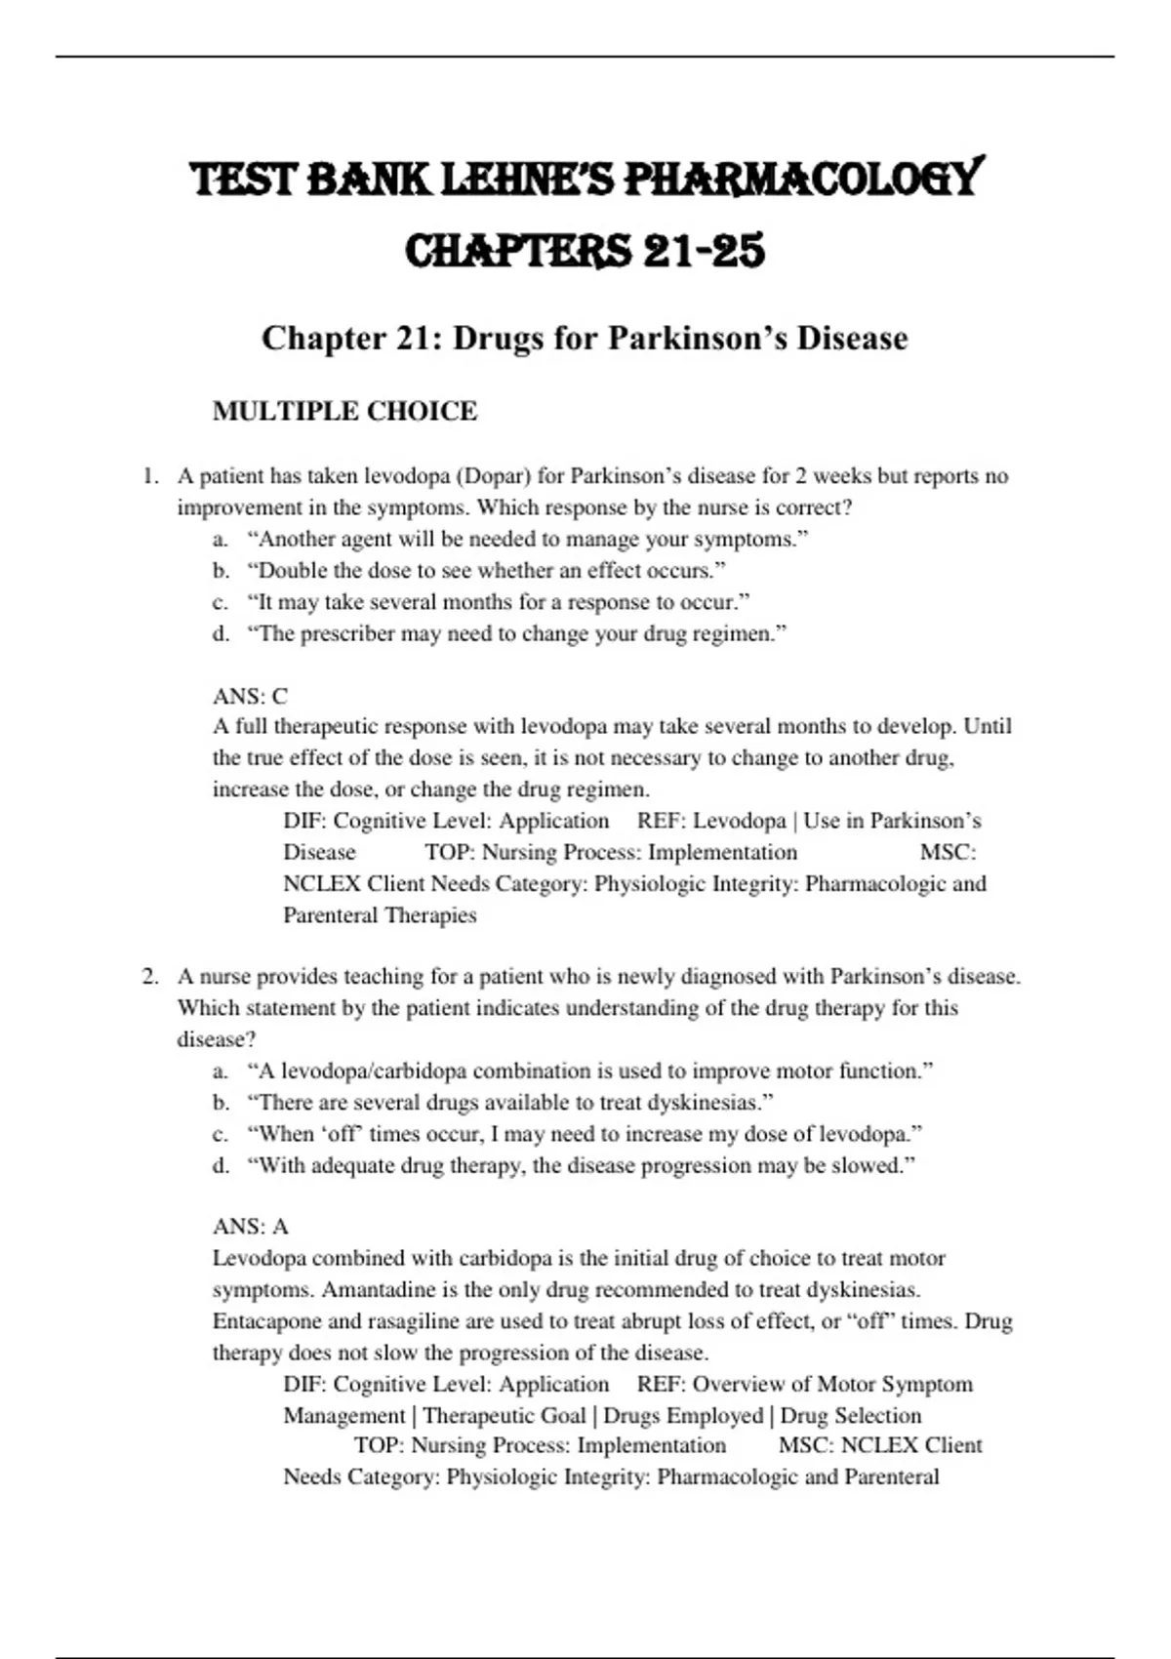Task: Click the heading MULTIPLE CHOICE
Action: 344,411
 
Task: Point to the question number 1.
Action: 149,476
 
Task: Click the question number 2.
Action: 149,976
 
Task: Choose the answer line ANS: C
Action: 250,696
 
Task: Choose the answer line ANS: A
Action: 250,1226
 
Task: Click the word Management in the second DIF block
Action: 343,1415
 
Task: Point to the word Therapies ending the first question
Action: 429,915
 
